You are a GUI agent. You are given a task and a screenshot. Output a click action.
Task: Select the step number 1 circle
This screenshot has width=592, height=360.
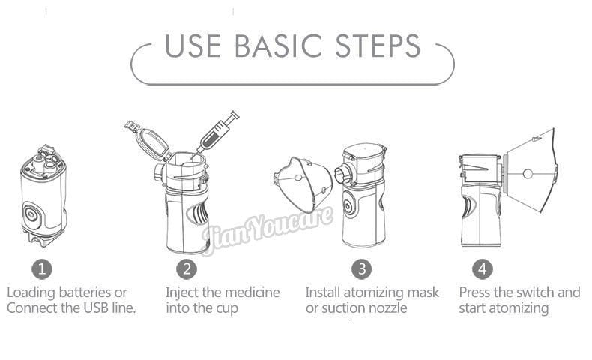click(x=42, y=268)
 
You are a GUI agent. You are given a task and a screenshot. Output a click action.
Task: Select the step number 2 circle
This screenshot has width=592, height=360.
click(x=187, y=268)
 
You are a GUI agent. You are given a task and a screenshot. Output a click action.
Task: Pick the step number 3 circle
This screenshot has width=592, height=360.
click(x=362, y=268)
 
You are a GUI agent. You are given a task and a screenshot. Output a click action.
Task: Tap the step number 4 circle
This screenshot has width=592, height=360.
click(x=483, y=268)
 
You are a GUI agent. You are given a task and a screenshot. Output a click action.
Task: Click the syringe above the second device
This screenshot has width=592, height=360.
click(x=218, y=132)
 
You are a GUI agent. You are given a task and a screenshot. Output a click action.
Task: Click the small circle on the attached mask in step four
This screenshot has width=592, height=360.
click(x=528, y=173)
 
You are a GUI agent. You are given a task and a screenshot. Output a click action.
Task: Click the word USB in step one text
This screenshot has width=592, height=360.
click(x=83, y=308)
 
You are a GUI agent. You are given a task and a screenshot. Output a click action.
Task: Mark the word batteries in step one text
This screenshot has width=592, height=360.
click(x=83, y=292)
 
